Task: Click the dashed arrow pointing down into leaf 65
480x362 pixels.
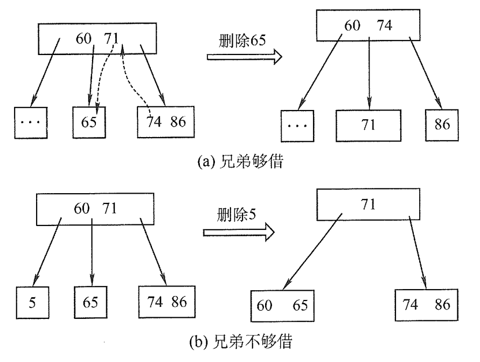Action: (x=103, y=76)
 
